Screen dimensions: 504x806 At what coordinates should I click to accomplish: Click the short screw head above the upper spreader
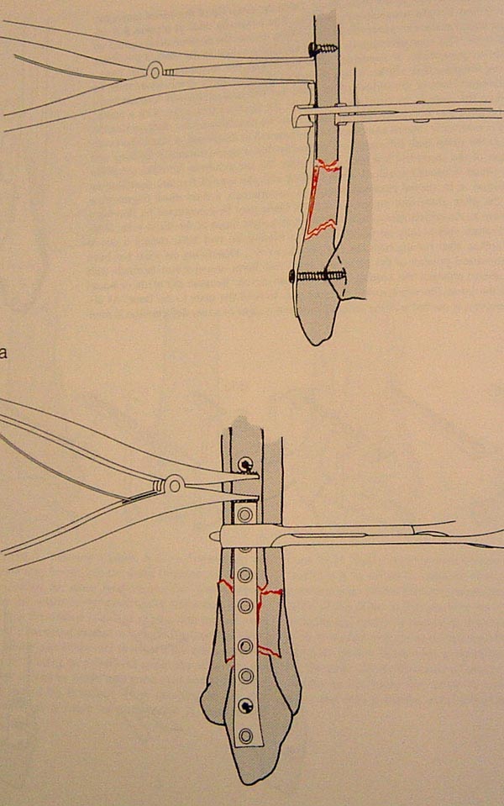click(x=312, y=50)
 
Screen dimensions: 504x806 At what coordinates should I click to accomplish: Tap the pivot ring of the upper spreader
click(x=154, y=71)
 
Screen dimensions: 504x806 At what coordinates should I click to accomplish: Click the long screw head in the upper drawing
click(x=291, y=277)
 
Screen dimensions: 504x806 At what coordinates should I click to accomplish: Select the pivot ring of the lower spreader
click(x=174, y=483)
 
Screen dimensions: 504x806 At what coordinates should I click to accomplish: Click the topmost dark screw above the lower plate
click(x=244, y=464)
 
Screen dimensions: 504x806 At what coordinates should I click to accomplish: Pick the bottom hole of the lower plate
click(x=246, y=735)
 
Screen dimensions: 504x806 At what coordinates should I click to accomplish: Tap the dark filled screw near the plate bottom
click(x=246, y=705)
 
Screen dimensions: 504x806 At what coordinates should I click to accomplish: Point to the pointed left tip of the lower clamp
click(x=212, y=536)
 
